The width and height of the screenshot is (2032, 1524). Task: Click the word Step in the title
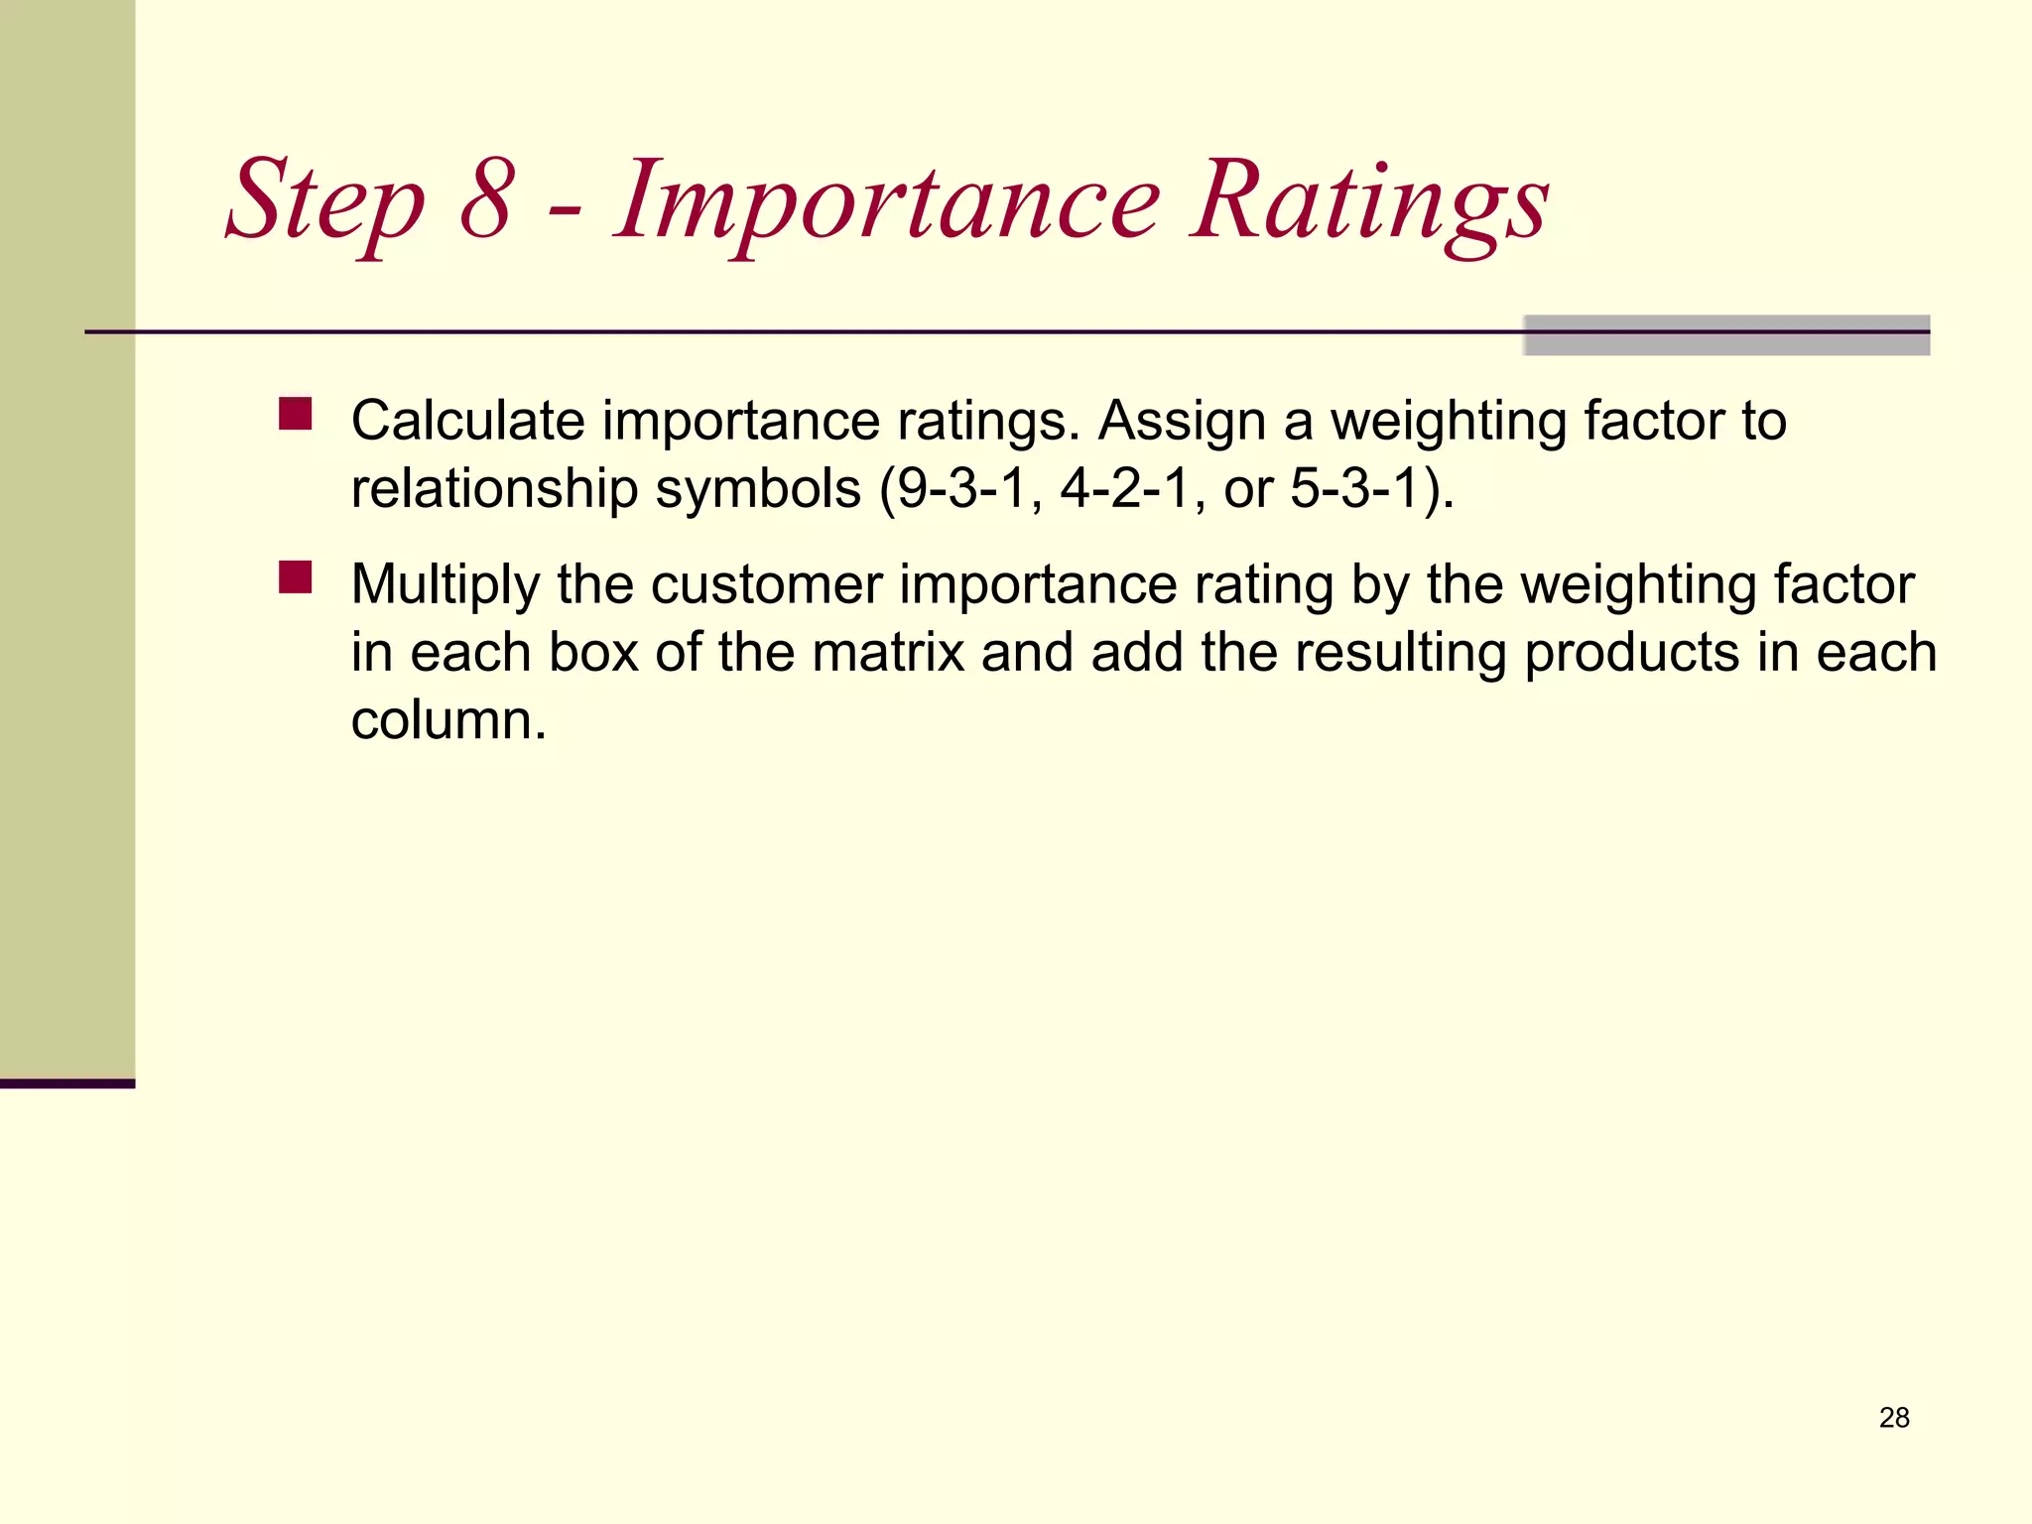tap(325, 203)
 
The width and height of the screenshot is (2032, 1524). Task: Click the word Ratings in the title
tap(1369, 203)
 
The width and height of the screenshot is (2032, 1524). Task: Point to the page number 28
tap(1894, 1418)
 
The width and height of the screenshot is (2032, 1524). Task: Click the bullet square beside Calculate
tap(295, 414)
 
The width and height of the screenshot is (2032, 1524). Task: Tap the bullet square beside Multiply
tap(295, 577)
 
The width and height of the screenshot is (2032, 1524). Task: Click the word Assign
tap(1182, 421)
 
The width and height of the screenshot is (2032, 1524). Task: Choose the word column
tap(448, 720)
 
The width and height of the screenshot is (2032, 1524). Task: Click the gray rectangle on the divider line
tap(1725, 335)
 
